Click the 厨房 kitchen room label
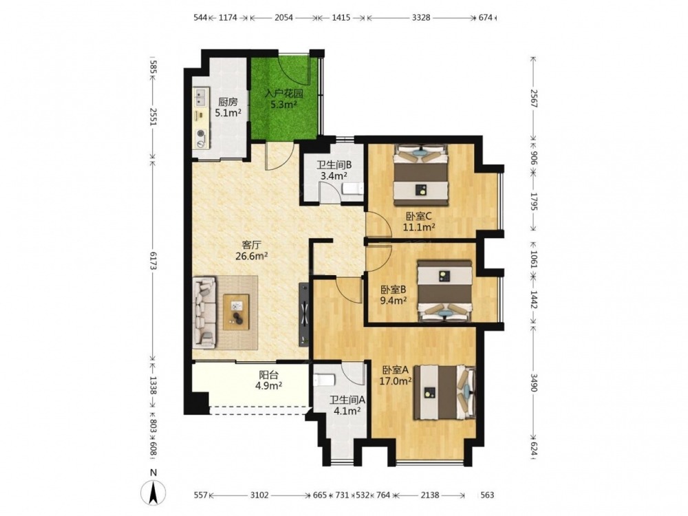pyautogui.click(x=228, y=103)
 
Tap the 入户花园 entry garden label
pyautogui.click(x=284, y=94)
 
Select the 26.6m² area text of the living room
pyautogui.click(x=252, y=256)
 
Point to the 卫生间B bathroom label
pyautogui.click(x=335, y=165)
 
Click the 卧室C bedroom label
pyautogui.click(x=419, y=216)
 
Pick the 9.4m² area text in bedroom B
pyautogui.click(x=393, y=300)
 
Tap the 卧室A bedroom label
pyautogui.click(x=396, y=370)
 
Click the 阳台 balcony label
pyautogui.click(x=268, y=375)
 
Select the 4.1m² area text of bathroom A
pyautogui.click(x=347, y=411)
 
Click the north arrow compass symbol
pyautogui.click(x=153, y=491)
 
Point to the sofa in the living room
pyautogui.click(x=205, y=312)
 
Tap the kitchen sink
pyautogui.click(x=201, y=98)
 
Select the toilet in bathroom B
pyautogui.click(x=353, y=189)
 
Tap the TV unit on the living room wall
pyautogui.click(x=303, y=314)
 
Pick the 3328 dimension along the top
pyautogui.click(x=421, y=18)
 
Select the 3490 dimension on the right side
pyautogui.click(x=534, y=382)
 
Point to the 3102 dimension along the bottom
pyautogui.click(x=259, y=495)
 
